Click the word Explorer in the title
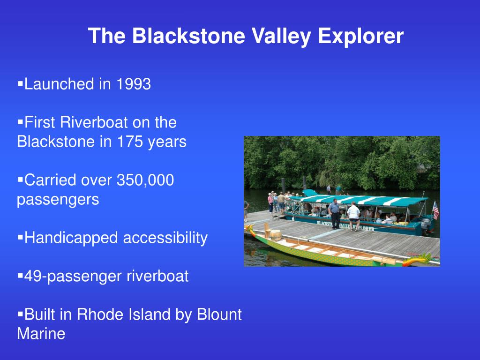pos(360,36)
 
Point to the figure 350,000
pos(145,180)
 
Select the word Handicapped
pos(72,238)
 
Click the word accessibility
pos(165,238)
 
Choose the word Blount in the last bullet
pos(219,315)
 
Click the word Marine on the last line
pos(41,334)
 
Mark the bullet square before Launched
pos(20,84)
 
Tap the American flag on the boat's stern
pos(435,210)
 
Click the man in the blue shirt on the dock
pos(335,213)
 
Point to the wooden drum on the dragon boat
pos(274,235)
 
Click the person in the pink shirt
pos(270,202)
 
